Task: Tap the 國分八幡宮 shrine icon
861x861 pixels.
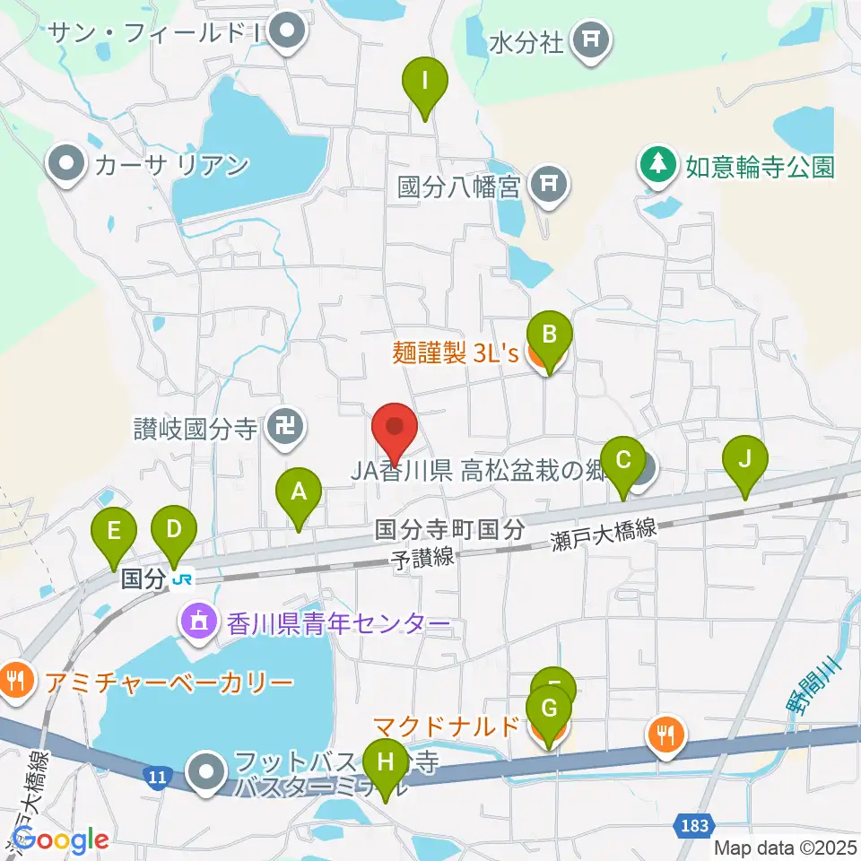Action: pos(548,187)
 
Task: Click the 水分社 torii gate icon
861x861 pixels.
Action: pos(590,39)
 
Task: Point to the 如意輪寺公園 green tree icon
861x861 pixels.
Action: pos(659,164)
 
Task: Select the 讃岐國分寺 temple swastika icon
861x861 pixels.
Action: pos(286,427)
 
